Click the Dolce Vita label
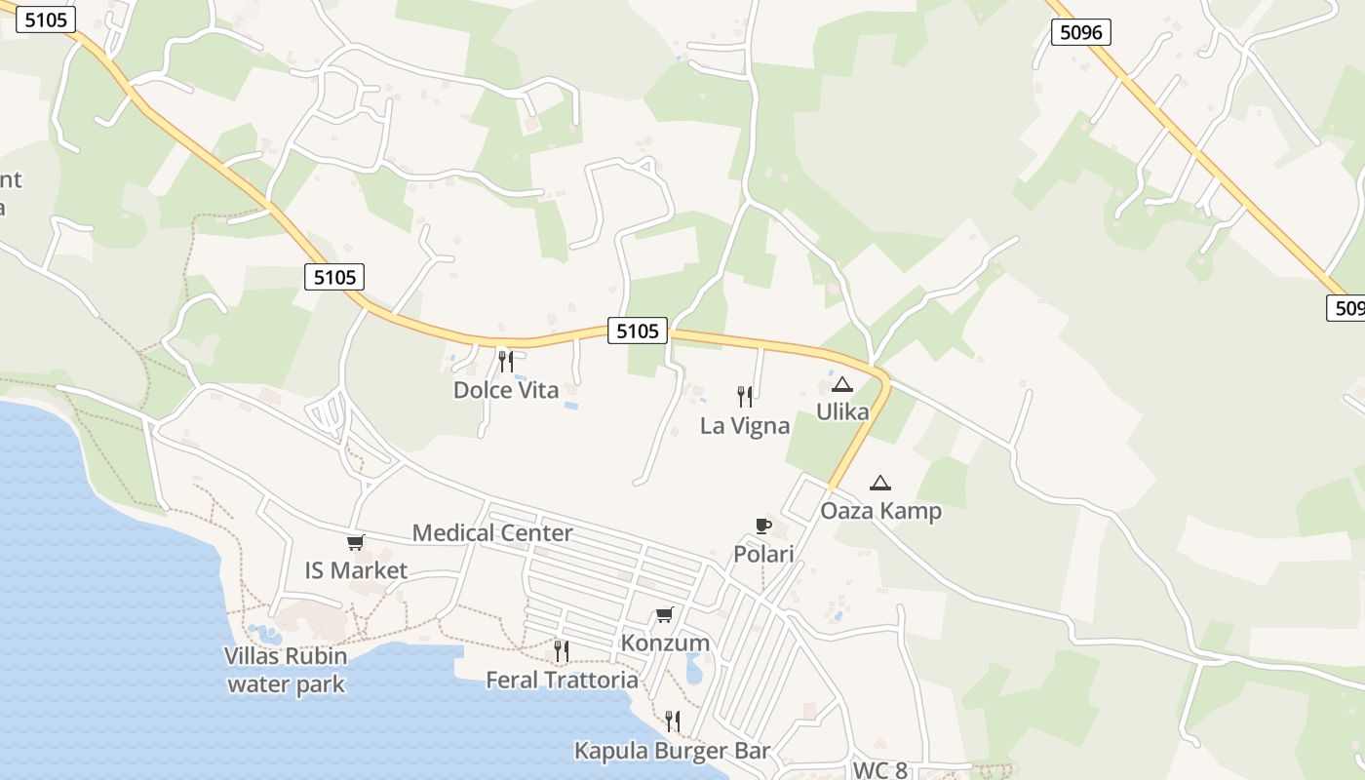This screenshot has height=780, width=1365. tap(506, 391)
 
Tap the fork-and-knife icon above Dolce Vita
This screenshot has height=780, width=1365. tap(505, 362)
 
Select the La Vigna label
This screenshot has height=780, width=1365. tap(745, 426)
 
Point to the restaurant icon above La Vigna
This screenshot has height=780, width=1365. tap(745, 397)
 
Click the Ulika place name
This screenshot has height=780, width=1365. tap(842, 412)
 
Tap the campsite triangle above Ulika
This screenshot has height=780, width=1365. tap(842, 384)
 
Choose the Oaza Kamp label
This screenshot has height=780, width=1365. tap(880, 511)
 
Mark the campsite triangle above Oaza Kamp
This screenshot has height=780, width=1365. tap(880, 482)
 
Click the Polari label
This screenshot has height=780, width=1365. tap(763, 555)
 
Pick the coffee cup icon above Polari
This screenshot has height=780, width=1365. tap(763, 526)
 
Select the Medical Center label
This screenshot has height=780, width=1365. tap(492, 533)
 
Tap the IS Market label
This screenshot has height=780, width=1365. tap(356, 570)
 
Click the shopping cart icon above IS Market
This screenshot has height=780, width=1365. tap(356, 543)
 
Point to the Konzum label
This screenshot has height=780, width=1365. tap(665, 643)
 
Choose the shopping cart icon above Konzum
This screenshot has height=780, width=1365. tap(665, 614)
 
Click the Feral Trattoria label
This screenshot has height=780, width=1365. tap(562, 680)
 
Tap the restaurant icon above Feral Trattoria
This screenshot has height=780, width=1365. tap(562, 650)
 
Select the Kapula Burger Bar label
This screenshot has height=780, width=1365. tap(673, 751)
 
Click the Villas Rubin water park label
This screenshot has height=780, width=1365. tap(286, 669)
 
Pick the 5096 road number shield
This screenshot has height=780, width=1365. tap(1081, 32)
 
